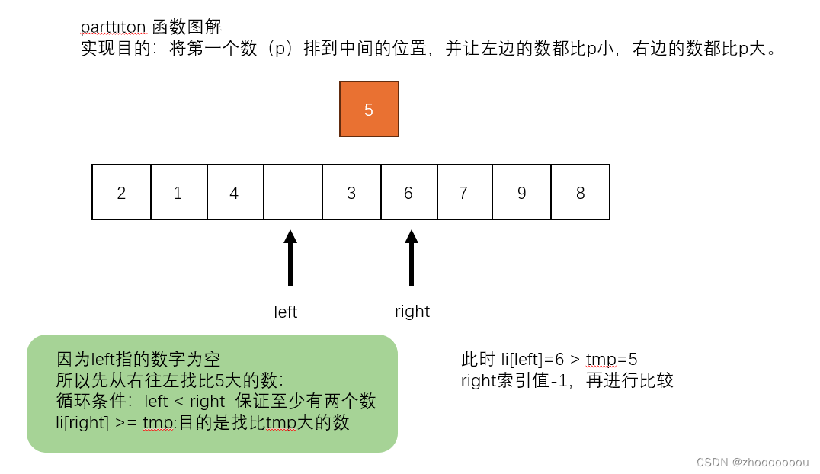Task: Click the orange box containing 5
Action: tap(369, 110)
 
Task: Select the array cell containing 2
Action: tap(121, 192)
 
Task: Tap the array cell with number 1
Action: tap(178, 192)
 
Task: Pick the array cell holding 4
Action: tap(235, 192)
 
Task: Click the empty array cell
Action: tap(293, 192)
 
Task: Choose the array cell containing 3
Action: tap(351, 192)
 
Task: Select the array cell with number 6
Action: tap(408, 192)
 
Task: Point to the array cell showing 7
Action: tap(464, 192)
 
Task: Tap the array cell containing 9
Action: tap(522, 192)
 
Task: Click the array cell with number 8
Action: tap(580, 192)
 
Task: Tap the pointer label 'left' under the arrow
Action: tap(286, 312)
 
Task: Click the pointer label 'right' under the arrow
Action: tap(412, 312)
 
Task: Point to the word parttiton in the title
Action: tap(113, 27)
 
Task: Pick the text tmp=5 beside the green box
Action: tap(617, 359)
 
